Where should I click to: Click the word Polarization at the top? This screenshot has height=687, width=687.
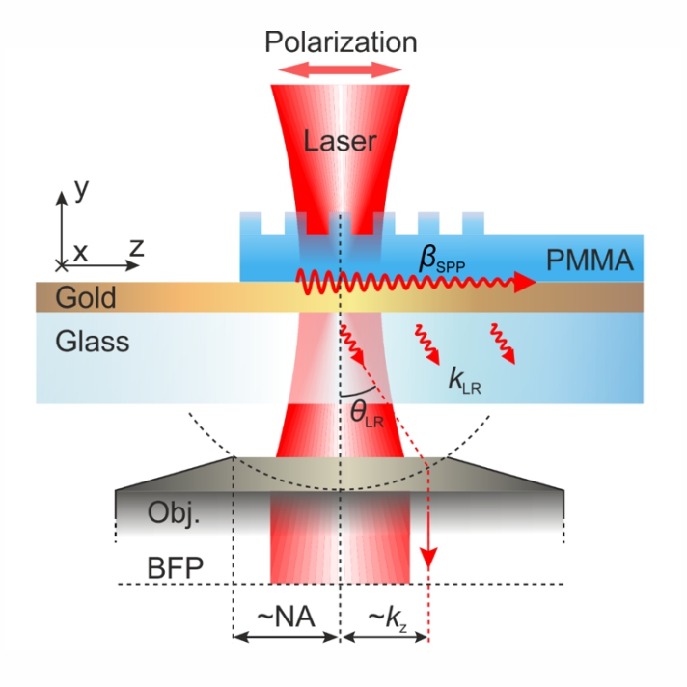click(x=342, y=42)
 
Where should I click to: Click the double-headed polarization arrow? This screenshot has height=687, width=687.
click(x=341, y=69)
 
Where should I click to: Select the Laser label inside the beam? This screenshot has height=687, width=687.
click(x=340, y=142)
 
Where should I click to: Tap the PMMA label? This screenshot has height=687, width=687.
click(x=588, y=260)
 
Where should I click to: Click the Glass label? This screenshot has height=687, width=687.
click(x=92, y=341)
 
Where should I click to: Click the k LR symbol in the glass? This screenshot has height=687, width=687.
click(x=466, y=379)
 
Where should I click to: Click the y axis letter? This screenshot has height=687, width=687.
click(x=81, y=188)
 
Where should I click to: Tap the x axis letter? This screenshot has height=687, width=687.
click(x=81, y=251)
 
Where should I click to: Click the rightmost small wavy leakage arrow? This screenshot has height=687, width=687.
click(x=502, y=344)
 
